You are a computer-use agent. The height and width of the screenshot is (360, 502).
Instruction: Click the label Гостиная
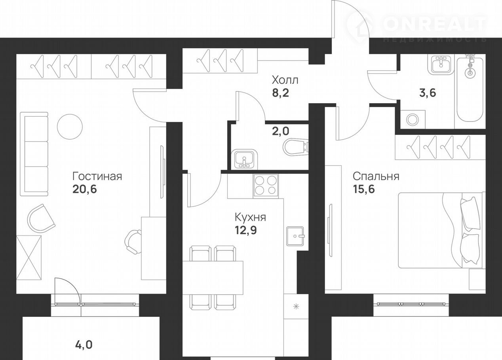[97, 176]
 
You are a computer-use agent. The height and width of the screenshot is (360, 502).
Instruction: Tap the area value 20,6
[84, 189]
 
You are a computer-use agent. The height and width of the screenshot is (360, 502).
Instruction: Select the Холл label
[285, 80]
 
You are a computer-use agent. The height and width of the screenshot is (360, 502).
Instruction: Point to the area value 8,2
[280, 93]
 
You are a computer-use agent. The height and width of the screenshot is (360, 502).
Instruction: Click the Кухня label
[250, 217]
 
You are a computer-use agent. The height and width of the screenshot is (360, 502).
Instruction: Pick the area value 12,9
[245, 230]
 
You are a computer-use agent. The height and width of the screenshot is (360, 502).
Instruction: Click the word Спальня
[376, 176]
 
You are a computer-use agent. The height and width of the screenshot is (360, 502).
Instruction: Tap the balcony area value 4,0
[84, 345]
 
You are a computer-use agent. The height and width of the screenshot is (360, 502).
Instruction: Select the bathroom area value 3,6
[428, 93]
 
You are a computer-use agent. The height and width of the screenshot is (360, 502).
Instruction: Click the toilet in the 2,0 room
[296, 147]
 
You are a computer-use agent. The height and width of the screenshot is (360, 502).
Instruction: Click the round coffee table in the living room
[70, 127]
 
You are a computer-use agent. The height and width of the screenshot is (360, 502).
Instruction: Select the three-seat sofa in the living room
[34, 154]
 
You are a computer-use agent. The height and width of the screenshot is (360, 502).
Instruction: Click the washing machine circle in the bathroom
[413, 119]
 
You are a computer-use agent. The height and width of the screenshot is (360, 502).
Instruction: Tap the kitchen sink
[295, 236]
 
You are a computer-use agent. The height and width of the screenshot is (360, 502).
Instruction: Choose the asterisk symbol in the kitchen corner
[296, 306]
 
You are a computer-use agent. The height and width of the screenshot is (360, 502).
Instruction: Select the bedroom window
[411, 304]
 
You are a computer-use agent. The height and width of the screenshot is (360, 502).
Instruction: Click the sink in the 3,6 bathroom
[441, 65]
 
